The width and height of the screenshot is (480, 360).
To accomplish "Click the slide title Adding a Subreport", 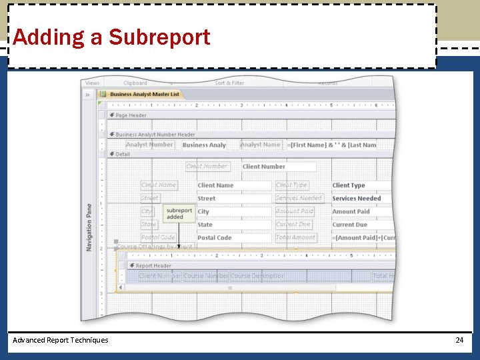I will (111, 37).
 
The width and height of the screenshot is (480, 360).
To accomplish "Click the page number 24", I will (459, 340).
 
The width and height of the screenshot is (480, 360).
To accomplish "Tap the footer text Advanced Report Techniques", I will (61, 340).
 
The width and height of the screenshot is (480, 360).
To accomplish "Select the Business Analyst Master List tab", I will (144, 94).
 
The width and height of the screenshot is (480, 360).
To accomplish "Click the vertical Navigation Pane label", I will (89, 227).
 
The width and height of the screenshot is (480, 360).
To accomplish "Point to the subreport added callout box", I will (179, 213).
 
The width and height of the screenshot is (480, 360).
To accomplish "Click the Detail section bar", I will (123, 154).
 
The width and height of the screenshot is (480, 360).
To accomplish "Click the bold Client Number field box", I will (278, 167).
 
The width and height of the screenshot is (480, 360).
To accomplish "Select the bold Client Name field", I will (233, 185).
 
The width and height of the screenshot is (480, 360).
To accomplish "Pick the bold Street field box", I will (233, 199).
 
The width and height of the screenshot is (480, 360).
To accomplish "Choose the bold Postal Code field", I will (233, 238).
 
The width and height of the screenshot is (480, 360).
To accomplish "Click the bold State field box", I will (233, 225).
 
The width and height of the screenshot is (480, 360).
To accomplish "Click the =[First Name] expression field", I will (332, 145).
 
